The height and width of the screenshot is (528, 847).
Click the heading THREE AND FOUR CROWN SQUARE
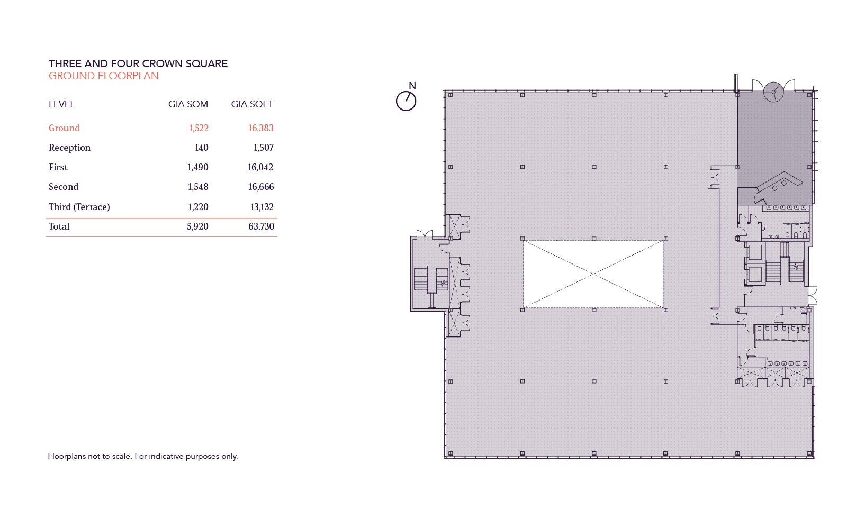[138, 63]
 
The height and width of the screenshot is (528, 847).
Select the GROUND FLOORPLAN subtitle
[103, 76]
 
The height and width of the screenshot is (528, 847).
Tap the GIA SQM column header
[188, 104]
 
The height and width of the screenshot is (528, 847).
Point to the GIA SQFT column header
[252, 104]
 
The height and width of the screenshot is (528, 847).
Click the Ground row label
[64, 128]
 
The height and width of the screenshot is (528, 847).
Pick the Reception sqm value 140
[201, 148]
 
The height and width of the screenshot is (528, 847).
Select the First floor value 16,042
[260, 167]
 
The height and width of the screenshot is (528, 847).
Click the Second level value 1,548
[198, 187]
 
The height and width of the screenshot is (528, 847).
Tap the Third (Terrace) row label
[79, 207]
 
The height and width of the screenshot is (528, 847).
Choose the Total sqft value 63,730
[261, 226]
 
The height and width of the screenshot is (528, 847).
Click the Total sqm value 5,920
[197, 226]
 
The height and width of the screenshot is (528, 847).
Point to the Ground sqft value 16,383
[260, 128]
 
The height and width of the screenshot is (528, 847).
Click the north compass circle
[406, 101]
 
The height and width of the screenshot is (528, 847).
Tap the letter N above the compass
[412, 86]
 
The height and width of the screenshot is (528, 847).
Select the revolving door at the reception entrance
[773, 92]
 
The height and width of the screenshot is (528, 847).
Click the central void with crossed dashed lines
[593, 274]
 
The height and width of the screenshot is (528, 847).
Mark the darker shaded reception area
[774, 138]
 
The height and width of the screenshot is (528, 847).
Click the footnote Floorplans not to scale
[143, 456]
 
